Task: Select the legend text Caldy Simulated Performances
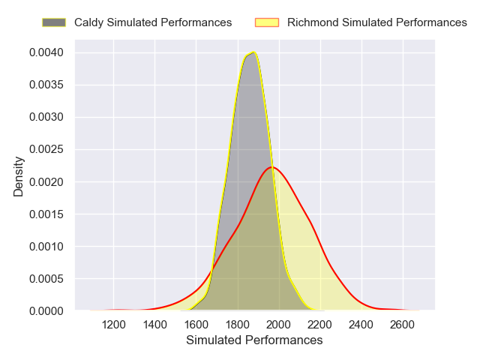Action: point(153,22)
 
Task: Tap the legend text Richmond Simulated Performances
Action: point(377,22)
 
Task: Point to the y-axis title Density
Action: point(19,181)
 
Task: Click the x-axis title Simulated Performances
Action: point(254,340)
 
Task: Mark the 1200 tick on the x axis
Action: point(113,324)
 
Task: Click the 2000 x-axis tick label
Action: point(279,324)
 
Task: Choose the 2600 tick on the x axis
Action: point(403,324)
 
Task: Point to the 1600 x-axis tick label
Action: point(196,324)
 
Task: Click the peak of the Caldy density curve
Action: point(255,52)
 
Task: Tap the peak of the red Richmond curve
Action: point(272,166)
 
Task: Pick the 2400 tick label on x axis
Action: point(361,324)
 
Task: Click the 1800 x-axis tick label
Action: point(238,324)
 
